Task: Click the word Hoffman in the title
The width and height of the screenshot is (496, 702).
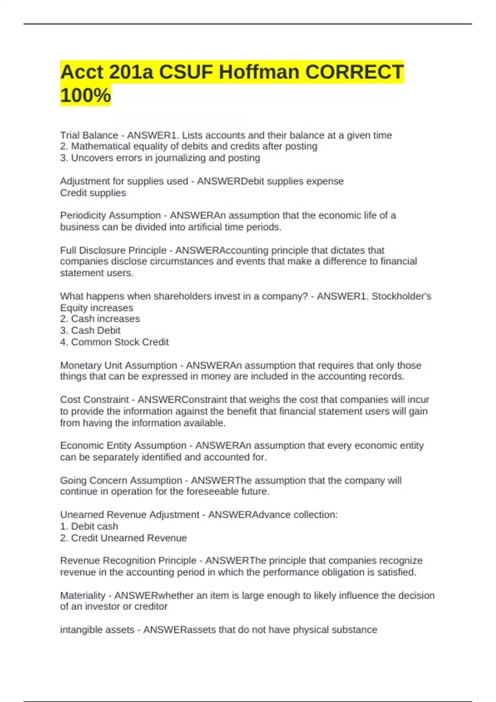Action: click(258, 72)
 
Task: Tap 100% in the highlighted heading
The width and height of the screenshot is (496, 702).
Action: click(86, 95)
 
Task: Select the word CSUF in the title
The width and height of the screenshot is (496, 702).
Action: click(187, 72)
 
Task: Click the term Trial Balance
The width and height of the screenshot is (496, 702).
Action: click(89, 135)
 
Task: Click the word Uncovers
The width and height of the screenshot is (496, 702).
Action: click(90, 158)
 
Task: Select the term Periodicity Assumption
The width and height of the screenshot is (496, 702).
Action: click(110, 215)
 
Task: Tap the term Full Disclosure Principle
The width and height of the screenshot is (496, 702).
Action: click(113, 250)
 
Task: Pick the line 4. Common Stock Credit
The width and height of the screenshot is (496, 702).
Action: click(114, 342)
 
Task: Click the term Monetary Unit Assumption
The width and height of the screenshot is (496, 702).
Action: click(118, 365)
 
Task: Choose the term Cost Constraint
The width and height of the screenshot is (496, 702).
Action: click(94, 399)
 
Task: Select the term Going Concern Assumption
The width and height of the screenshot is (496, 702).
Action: click(121, 480)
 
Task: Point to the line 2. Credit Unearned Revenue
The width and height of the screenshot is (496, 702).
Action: click(123, 538)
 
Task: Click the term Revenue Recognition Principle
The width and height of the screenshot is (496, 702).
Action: click(128, 560)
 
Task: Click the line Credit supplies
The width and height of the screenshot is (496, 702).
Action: click(93, 193)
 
